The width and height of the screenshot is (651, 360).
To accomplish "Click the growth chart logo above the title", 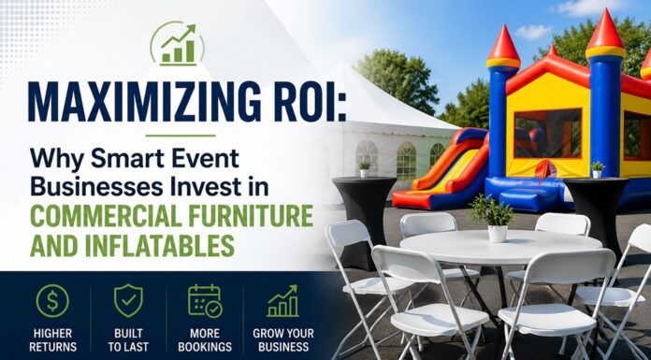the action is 178,44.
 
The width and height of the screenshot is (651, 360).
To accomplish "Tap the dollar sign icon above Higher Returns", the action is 52,300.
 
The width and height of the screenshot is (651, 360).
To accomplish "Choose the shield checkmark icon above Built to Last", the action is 128,300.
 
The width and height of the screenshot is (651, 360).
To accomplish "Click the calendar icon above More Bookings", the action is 205,300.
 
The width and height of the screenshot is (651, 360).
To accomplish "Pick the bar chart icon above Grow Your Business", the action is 282,301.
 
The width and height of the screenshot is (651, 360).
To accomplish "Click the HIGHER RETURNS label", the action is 52,340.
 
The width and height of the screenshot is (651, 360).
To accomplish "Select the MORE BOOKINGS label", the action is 205,340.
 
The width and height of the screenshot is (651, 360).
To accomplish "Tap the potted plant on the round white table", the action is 493,218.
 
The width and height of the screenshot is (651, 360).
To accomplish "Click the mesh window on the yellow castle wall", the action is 547,134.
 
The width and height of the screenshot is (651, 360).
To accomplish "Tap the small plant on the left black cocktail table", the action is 365,169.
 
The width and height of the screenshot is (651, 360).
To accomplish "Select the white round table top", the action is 500,248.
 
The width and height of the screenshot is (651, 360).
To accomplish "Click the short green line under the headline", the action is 181,136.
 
